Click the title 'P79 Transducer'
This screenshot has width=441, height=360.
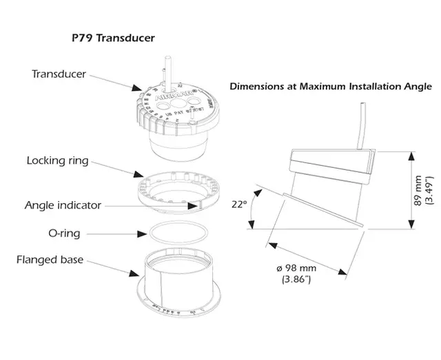[x=114, y=39]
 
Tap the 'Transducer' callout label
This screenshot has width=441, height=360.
[x=59, y=73]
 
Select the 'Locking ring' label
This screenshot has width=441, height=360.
[x=57, y=160]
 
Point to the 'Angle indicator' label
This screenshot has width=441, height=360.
[x=63, y=205]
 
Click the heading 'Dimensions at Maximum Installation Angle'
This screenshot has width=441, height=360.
[x=331, y=87]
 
